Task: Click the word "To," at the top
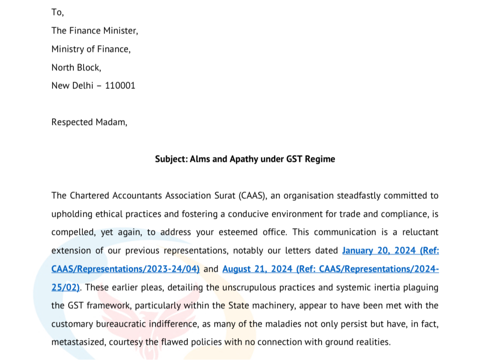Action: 57,13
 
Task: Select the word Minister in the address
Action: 121,31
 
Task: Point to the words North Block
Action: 76,68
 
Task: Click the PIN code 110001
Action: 120,86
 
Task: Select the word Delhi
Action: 83,86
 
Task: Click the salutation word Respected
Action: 72,122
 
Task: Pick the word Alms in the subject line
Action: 200,159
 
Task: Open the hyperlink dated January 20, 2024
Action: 390,250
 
